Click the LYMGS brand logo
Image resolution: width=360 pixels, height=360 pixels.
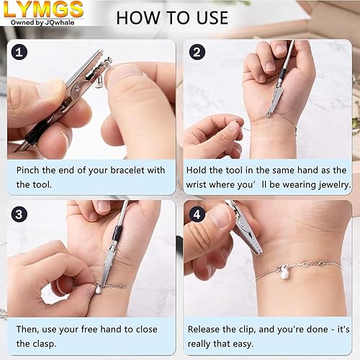point(42,9)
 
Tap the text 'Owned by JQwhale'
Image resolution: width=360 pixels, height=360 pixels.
point(42,22)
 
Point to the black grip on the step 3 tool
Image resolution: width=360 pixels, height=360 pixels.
point(117,234)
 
